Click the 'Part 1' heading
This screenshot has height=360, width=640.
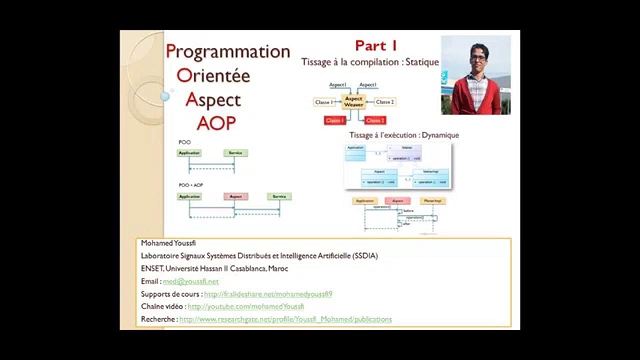(376, 45)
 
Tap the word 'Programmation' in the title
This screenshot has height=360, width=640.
(228, 51)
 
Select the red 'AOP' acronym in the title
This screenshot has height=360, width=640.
(216, 123)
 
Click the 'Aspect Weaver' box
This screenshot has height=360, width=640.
(353, 101)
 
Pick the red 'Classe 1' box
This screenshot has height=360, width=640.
(335, 120)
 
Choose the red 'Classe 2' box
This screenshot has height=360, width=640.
(375, 120)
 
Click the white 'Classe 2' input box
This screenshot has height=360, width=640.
(385, 102)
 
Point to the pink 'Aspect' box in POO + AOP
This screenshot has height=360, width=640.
(235, 196)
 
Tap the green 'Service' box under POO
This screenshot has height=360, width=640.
(235, 153)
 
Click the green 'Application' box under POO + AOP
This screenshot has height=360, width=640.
(189, 196)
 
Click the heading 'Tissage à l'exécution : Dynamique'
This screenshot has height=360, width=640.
(404, 135)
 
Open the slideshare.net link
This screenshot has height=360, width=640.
(268, 294)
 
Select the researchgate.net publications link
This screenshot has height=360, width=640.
(285, 319)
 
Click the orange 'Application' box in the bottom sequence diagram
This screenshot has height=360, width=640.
(365, 201)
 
